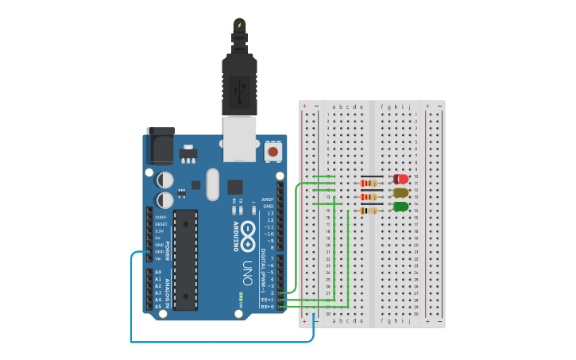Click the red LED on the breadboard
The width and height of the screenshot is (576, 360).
(x=401, y=179)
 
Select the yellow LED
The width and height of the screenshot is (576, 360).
(x=401, y=192)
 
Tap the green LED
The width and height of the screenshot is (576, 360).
(x=401, y=207)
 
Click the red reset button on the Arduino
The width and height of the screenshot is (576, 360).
(x=273, y=150)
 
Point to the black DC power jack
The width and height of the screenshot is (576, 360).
(x=160, y=147)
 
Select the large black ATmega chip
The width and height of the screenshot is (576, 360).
(x=185, y=259)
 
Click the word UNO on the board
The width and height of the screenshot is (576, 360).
(x=248, y=273)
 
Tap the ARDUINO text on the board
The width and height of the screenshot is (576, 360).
(x=235, y=236)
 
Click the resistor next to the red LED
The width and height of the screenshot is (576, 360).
(x=371, y=182)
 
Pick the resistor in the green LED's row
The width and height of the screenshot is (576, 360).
(x=369, y=211)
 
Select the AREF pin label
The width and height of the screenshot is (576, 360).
(x=268, y=199)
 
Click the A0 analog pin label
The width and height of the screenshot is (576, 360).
(x=157, y=273)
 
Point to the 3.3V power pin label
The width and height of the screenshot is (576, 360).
(x=160, y=230)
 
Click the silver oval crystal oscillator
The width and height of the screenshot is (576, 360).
(x=211, y=184)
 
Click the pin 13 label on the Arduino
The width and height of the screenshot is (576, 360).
(x=269, y=213)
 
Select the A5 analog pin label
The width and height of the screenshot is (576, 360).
(x=157, y=306)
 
